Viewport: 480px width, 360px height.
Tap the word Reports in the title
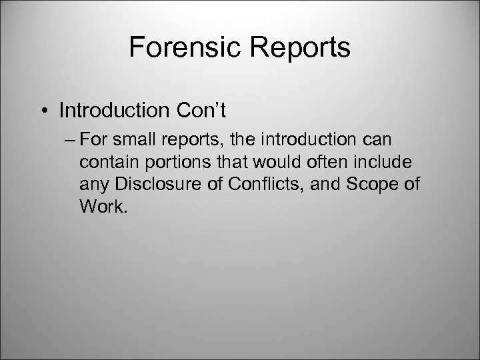click(297, 48)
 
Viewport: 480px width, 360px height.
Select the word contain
click(105, 163)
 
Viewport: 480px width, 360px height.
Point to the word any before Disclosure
click(93, 185)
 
